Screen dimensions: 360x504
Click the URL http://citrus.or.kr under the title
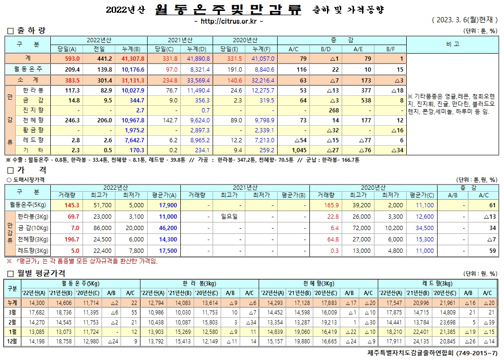click(x=229, y=21)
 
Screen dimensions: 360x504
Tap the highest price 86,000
click(x=99, y=228)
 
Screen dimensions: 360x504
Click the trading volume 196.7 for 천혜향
click(x=68, y=239)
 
